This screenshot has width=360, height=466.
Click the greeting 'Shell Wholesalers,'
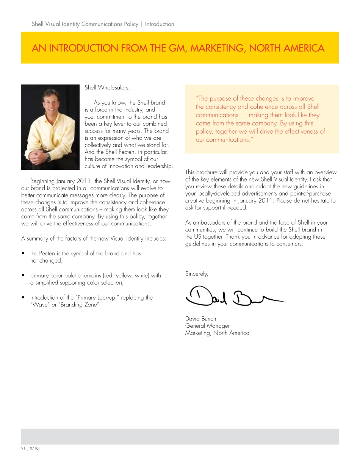107,88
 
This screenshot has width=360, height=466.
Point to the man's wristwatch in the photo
49,156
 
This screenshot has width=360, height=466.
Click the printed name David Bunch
200,319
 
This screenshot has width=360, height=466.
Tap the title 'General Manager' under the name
207,326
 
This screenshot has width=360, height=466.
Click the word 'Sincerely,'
196,274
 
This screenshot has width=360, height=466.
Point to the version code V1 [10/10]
30,449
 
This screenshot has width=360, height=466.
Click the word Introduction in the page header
160,24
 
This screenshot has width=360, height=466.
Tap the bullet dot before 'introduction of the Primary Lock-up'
23,298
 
